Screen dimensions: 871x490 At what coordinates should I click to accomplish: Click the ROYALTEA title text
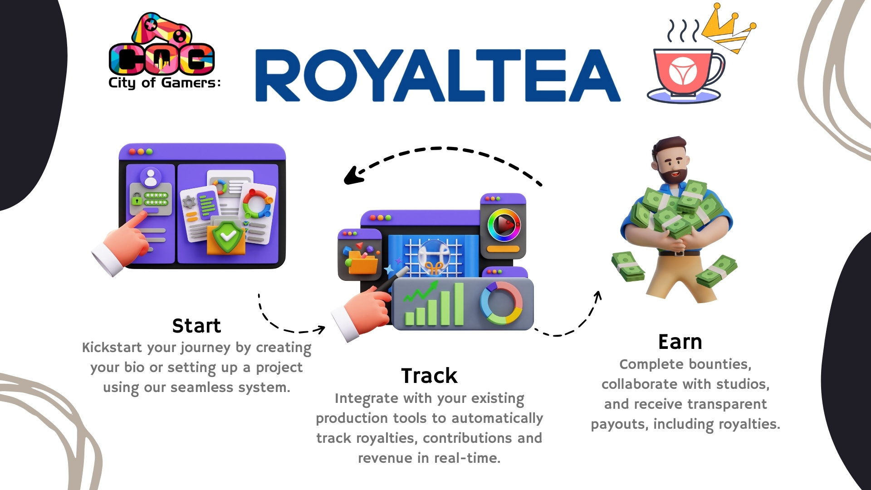point(438,75)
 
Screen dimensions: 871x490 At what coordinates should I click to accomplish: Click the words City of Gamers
point(164,83)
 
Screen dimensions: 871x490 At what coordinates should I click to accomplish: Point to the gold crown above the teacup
point(728,29)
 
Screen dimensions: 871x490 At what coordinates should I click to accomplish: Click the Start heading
point(196,326)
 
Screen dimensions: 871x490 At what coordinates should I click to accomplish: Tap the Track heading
point(429,376)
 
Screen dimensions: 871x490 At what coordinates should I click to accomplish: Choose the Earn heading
point(680,342)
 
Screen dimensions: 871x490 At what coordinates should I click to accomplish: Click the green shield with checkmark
point(228,236)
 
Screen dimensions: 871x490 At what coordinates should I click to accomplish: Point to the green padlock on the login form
point(136,198)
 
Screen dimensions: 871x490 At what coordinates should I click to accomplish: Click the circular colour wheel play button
point(504,225)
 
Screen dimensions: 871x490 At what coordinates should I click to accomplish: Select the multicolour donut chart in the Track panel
point(501,303)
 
